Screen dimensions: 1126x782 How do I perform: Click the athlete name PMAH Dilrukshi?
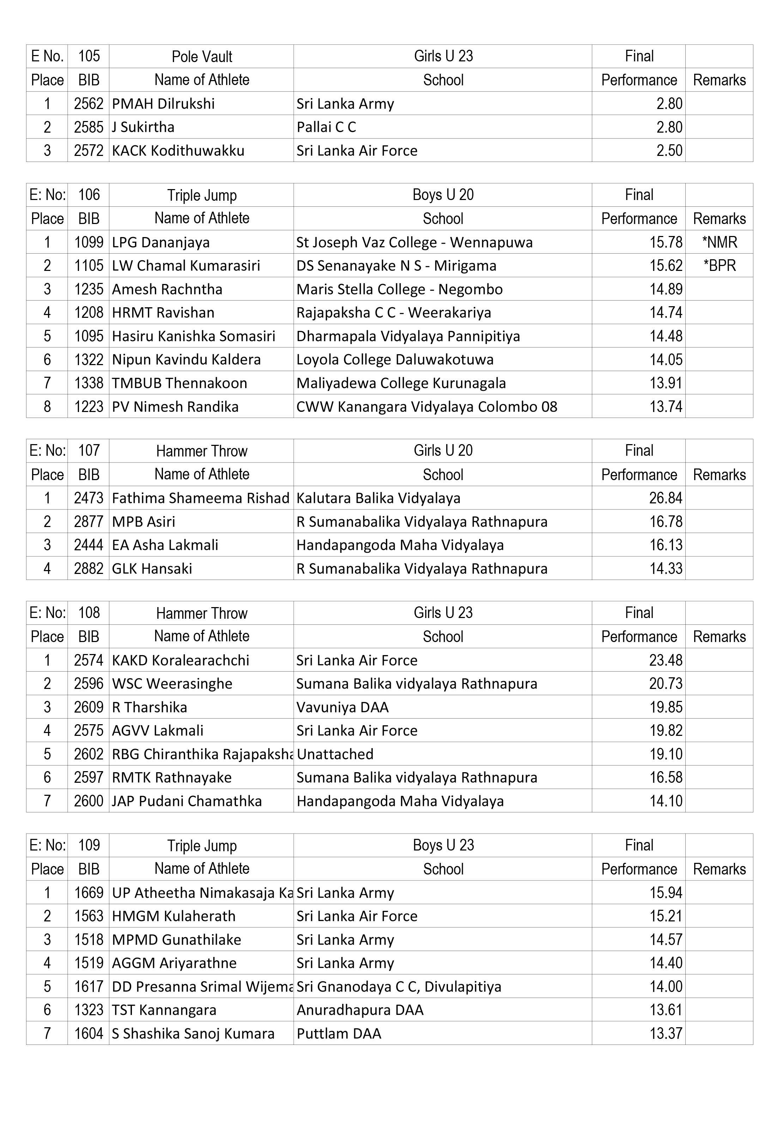[x=163, y=104]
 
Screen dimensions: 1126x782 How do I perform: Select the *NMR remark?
[x=719, y=242]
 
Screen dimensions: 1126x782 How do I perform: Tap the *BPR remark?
[x=719, y=266]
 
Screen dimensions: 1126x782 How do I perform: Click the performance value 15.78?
[x=665, y=242]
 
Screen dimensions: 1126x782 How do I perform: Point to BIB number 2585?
[x=89, y=127]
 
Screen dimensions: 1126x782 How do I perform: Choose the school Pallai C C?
[x=326, y=127]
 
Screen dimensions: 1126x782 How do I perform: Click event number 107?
[x=89, y=450]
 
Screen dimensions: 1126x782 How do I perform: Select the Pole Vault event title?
[x=201, y=56]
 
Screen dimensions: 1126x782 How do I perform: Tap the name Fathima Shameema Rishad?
[x=200, y=498]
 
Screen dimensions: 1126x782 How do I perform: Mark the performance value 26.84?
[x=665, y=498]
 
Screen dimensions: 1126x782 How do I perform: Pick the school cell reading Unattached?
[x=335, y=754]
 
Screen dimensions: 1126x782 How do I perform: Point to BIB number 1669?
[x=89, y=893]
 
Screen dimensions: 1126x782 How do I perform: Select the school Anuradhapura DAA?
[x=360, y=1010]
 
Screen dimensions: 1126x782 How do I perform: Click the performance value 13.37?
[x=665, y=1033]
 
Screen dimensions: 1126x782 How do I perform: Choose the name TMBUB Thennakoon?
[x=179, y=383]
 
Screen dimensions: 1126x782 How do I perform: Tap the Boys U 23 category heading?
[x=443, y=845]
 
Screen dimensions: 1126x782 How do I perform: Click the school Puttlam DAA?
[x=339, y=1033]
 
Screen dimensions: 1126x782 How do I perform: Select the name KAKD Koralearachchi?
[x=180, y=660]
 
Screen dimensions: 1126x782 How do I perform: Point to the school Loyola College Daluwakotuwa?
[x=395, y=360]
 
